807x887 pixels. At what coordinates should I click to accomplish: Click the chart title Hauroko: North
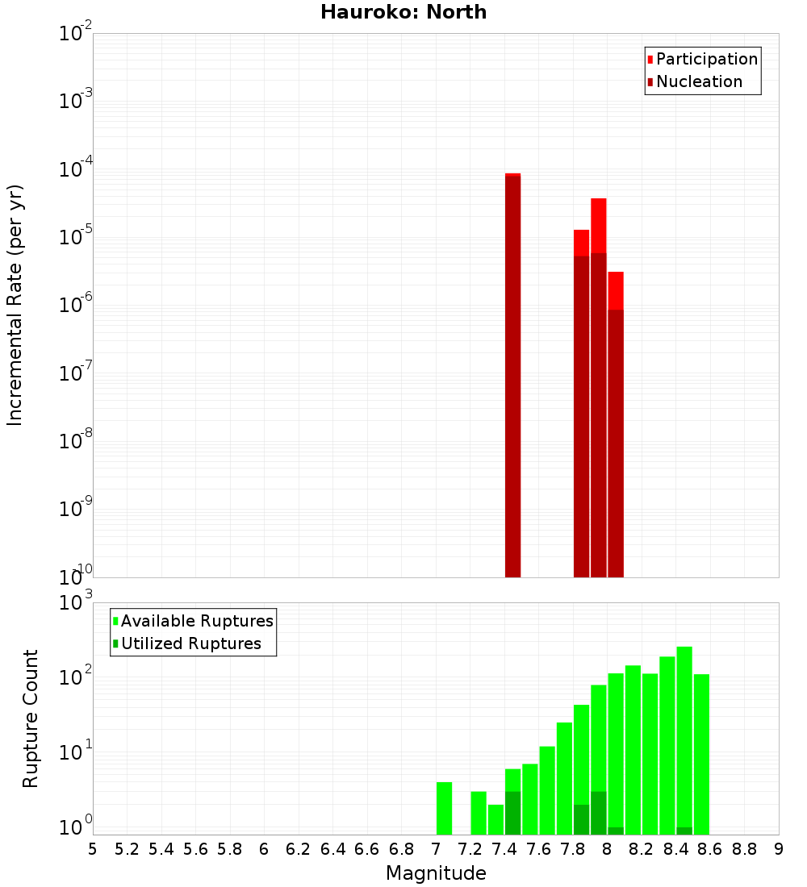point(403,12)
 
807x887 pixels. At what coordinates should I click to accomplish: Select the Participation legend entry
point(706,59)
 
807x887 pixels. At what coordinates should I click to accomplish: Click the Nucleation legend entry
point(698,81)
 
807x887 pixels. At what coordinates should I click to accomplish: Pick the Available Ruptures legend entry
point(196,621)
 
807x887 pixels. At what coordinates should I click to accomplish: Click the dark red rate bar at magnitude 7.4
point(512,379)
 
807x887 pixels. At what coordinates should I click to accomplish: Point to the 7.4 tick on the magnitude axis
point(505,848)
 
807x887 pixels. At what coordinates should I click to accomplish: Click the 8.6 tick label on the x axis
point(710,848)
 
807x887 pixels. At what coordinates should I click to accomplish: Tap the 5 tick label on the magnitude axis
point(93,848)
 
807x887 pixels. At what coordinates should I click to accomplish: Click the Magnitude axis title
point(436,873)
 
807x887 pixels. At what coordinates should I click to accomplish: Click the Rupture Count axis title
point(31,718)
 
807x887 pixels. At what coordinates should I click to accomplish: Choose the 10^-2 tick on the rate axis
point(76,34)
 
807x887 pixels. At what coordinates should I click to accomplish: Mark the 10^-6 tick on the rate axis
point(76,306)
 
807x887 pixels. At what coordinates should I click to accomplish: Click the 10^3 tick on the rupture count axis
point(77,603)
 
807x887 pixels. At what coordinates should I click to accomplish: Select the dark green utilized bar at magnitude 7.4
point(512,813)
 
